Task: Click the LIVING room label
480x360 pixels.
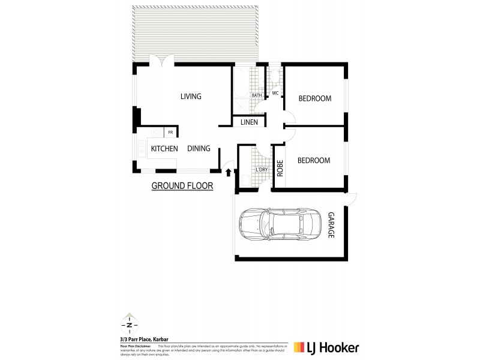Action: pos(191,97)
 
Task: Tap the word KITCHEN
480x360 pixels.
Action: pos(164,149)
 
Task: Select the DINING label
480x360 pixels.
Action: pos(199,149)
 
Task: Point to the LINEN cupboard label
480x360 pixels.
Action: pos(249,122)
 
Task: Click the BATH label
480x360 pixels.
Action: pos(257,95)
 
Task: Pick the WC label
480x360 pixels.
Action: pos(275,94)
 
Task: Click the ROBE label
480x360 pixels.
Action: pos(280,167)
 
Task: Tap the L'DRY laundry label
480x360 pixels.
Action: pos(262,170)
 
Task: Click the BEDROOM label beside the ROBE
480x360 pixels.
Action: pos(314,160)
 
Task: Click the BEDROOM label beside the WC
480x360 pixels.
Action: pos(314,98)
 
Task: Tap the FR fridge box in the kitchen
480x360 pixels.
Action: pos(170,132)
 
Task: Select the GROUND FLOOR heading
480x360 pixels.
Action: pos(182,186)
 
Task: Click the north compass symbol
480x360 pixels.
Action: pos(127,325)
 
